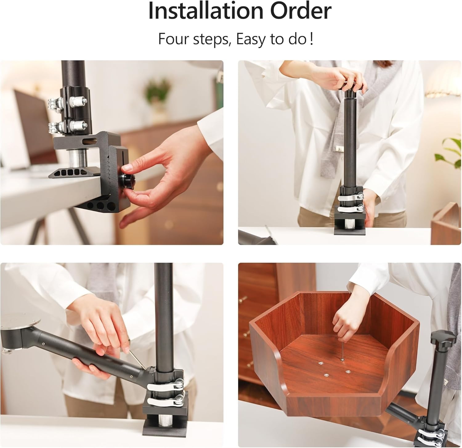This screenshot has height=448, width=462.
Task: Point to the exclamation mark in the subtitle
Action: tap(312, 40)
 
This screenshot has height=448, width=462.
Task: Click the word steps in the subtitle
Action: tap(209, 40)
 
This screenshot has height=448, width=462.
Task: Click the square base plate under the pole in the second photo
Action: tap(349, 231)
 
